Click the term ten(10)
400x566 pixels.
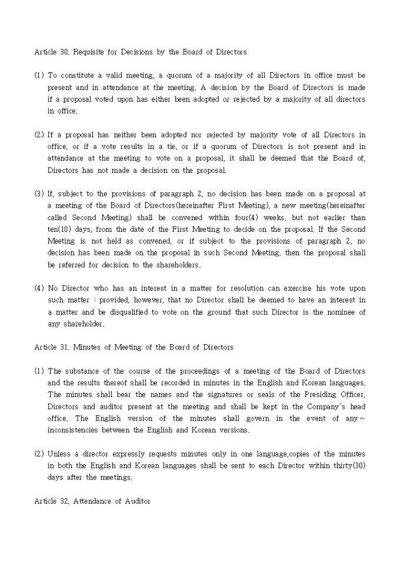(x=59, y=229)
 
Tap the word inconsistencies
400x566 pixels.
(x=76, y=430)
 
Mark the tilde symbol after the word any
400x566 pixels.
(x=362, y=418)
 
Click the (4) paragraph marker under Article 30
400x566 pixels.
(x=39, y=288)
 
